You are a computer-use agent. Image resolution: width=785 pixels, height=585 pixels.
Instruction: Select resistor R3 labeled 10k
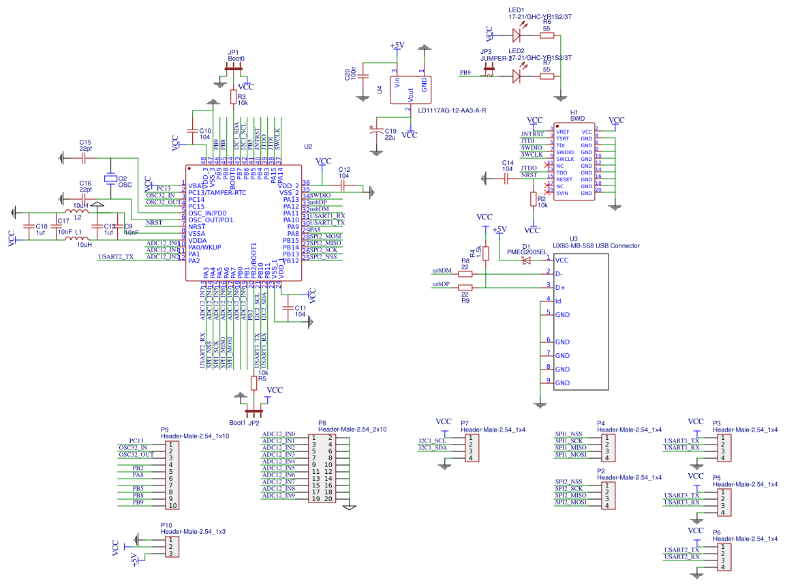coord(233,97)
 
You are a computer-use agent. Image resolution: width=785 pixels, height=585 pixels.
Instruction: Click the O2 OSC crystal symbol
coord(110,179)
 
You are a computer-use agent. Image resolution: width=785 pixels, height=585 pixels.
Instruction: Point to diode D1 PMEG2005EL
coord(527,260)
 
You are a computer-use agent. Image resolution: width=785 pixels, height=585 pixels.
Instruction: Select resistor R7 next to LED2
coord(547,76)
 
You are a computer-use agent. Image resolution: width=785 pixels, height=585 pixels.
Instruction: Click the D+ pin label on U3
coord(561,288)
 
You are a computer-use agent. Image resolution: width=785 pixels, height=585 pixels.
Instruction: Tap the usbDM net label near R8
coord(442,271)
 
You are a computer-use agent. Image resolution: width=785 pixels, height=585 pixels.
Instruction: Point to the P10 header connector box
coord(170,547)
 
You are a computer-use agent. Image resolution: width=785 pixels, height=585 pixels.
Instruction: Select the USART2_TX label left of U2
coord(116,257)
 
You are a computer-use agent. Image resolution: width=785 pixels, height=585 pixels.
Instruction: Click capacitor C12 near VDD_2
coord(343,184)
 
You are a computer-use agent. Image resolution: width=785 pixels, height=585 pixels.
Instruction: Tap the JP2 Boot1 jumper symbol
coord(254,411)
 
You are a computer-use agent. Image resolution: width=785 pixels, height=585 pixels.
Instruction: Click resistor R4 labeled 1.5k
coord(485,254)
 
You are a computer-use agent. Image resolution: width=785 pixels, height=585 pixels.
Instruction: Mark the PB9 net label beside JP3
coord(465,72)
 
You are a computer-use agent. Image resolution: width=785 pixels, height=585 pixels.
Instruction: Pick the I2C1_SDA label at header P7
coord(433,448)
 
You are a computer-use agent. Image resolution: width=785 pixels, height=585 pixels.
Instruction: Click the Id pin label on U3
coord(558,301)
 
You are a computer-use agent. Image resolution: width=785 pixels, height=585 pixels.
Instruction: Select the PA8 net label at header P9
coord(138,475)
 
